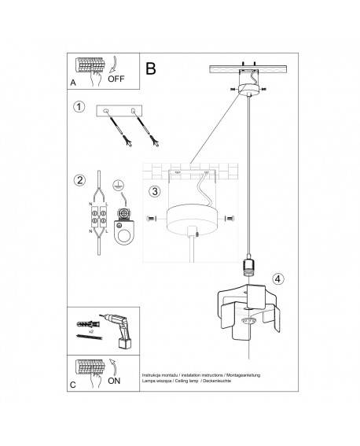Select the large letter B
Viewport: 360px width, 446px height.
click(152, 68)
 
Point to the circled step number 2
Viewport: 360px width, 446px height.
click(79, 180)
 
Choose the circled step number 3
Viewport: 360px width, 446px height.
click(156, 190)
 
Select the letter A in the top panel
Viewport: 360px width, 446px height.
click(73, 82)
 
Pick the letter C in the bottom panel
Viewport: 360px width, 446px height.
click(73, 385)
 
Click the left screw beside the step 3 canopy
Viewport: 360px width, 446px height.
click(151, 217)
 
